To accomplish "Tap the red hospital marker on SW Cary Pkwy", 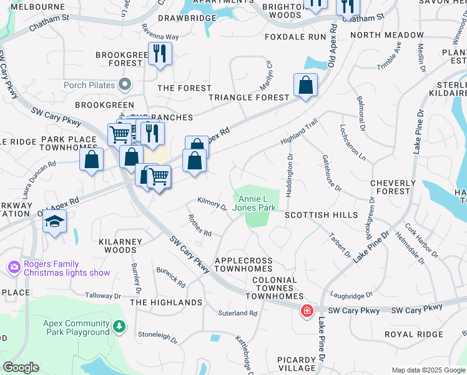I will click(x=307, y=311).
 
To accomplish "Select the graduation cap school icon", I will click(x=55, y=222).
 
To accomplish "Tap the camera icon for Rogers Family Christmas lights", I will click(x=14, y=267).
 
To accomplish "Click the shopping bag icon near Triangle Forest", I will click(x=305, y=86).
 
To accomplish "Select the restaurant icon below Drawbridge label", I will click(x=160, y=54).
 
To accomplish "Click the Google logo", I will click(x=21, y=367).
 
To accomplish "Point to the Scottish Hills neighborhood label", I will click(x=322, y=215).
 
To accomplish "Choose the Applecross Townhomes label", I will click(x=243, y=264).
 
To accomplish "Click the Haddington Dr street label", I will click(x=290, y=180).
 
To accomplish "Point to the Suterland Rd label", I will click(x=237, y=313).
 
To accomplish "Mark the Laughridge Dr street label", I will click(x=351, y=294).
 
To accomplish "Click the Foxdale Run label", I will click(x=295, y=37).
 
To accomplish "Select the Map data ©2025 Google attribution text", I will click(x=428, y=370).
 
